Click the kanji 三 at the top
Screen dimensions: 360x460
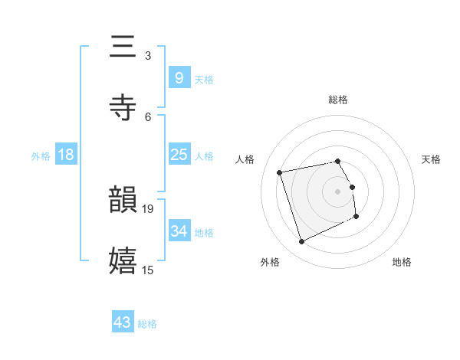point(123,47)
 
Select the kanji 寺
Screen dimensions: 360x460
point(123,107)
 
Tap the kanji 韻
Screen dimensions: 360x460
point(123,201)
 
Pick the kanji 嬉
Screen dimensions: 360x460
point(123,260)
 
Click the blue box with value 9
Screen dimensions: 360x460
point(179,78)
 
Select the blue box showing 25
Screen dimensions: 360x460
point(179,155)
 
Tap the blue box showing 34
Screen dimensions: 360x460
point(179,231)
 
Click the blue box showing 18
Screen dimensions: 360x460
point(66,155)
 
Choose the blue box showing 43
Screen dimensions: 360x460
point(123,322)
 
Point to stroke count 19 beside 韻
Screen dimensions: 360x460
point(148,208)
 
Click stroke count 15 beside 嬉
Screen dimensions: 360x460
point(148,269)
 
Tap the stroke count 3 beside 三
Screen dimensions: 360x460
point(148,56)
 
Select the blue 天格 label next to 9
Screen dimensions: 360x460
point(204,80)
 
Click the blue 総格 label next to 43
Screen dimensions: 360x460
point(147,324)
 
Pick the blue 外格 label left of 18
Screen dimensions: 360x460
point(41,156)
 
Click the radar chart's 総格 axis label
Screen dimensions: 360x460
point(338,100)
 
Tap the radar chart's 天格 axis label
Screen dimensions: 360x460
point(431,159)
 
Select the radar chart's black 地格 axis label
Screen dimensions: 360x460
point(402,262)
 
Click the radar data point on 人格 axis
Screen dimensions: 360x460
point(280,172)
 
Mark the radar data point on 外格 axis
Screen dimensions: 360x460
point(301,242)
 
